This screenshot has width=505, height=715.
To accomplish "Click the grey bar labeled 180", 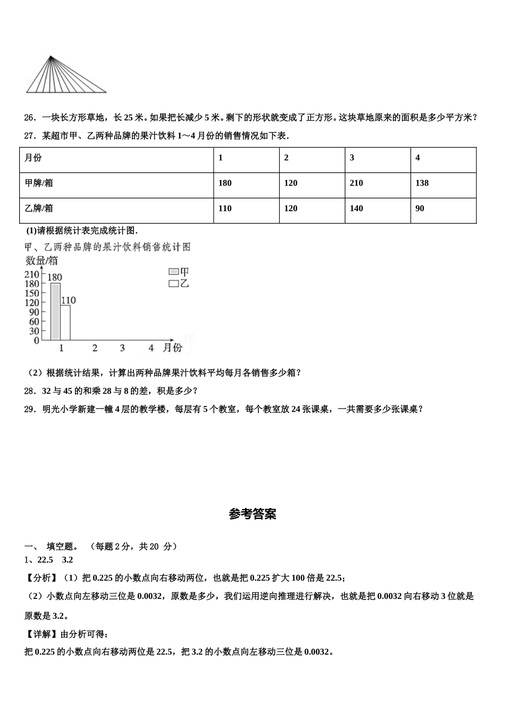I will point(55,311).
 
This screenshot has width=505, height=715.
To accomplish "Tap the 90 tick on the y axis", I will point(34,312).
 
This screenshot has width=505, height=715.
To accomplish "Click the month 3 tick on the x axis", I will point(122,348).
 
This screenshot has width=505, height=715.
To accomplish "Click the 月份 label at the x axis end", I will point(172,347).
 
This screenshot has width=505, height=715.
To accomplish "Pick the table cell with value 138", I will point(443,183).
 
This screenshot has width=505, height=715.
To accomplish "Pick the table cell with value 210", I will point(377,183).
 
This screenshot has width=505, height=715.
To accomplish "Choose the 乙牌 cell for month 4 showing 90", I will point(443,209).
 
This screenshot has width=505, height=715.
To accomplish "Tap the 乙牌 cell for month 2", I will point(312,209).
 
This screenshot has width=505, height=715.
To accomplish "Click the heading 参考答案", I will point(252,514).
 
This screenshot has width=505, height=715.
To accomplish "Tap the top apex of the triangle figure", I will point(50,56).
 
